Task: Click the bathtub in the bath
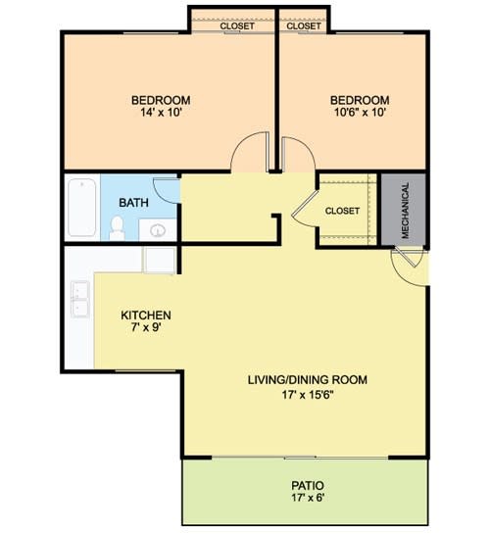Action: (x=81, y=207)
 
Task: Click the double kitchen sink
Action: (x=78, y=300)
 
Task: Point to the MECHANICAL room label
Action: (x=404, y=211)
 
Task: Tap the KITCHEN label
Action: (x=146, y=316)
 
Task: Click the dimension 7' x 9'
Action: (x=146, y=329)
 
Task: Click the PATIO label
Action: (x=307, y=485)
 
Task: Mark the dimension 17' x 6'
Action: (x=307, y=499)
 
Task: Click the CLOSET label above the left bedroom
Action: (x=237, y=26)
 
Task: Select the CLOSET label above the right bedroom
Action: (x=305, y=26)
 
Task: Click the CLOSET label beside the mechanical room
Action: (x=342, y=211)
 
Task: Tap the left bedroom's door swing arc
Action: (x=248, y=154)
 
